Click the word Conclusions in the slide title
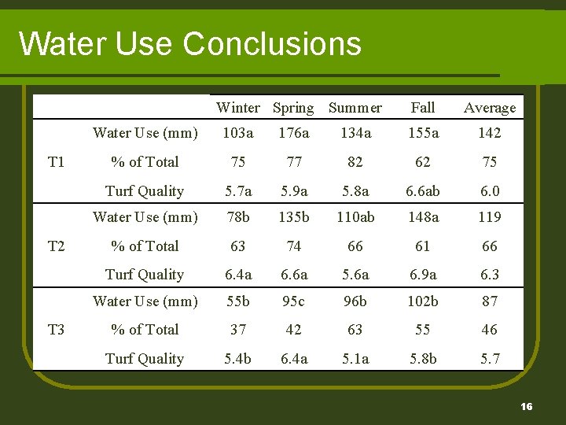point(272,44)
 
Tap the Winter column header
point(237,108)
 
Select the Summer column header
point(355,108)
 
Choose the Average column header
point(489,108)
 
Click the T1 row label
point(56,162)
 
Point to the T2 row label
point(56,246)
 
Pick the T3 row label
point(56,330)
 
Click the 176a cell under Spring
point(294,133)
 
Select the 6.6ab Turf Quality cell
point(423,191)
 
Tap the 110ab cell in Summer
point(355,217)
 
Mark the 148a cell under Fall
point(423,217)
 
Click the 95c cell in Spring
point(294,301)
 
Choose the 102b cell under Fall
point(423,301)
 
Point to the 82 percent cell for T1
point(355,162)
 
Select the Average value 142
point(489,133)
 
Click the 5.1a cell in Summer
point(355,359)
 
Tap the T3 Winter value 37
point(237,330)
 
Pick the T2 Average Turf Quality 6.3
point(489,275)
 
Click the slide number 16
point(526,407)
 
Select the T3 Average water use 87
point(489,301)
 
